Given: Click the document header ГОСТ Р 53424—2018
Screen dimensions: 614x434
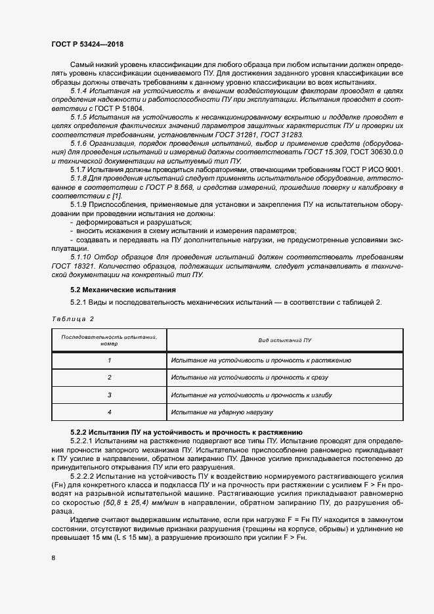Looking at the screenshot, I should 87,44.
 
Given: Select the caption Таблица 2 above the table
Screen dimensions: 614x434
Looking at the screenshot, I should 73,318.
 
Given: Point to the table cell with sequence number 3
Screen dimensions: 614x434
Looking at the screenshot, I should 110,395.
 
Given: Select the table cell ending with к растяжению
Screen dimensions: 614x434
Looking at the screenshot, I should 261,361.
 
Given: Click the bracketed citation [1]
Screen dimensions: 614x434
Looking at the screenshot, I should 116,196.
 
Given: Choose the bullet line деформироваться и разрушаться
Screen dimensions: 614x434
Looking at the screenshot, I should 108,223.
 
